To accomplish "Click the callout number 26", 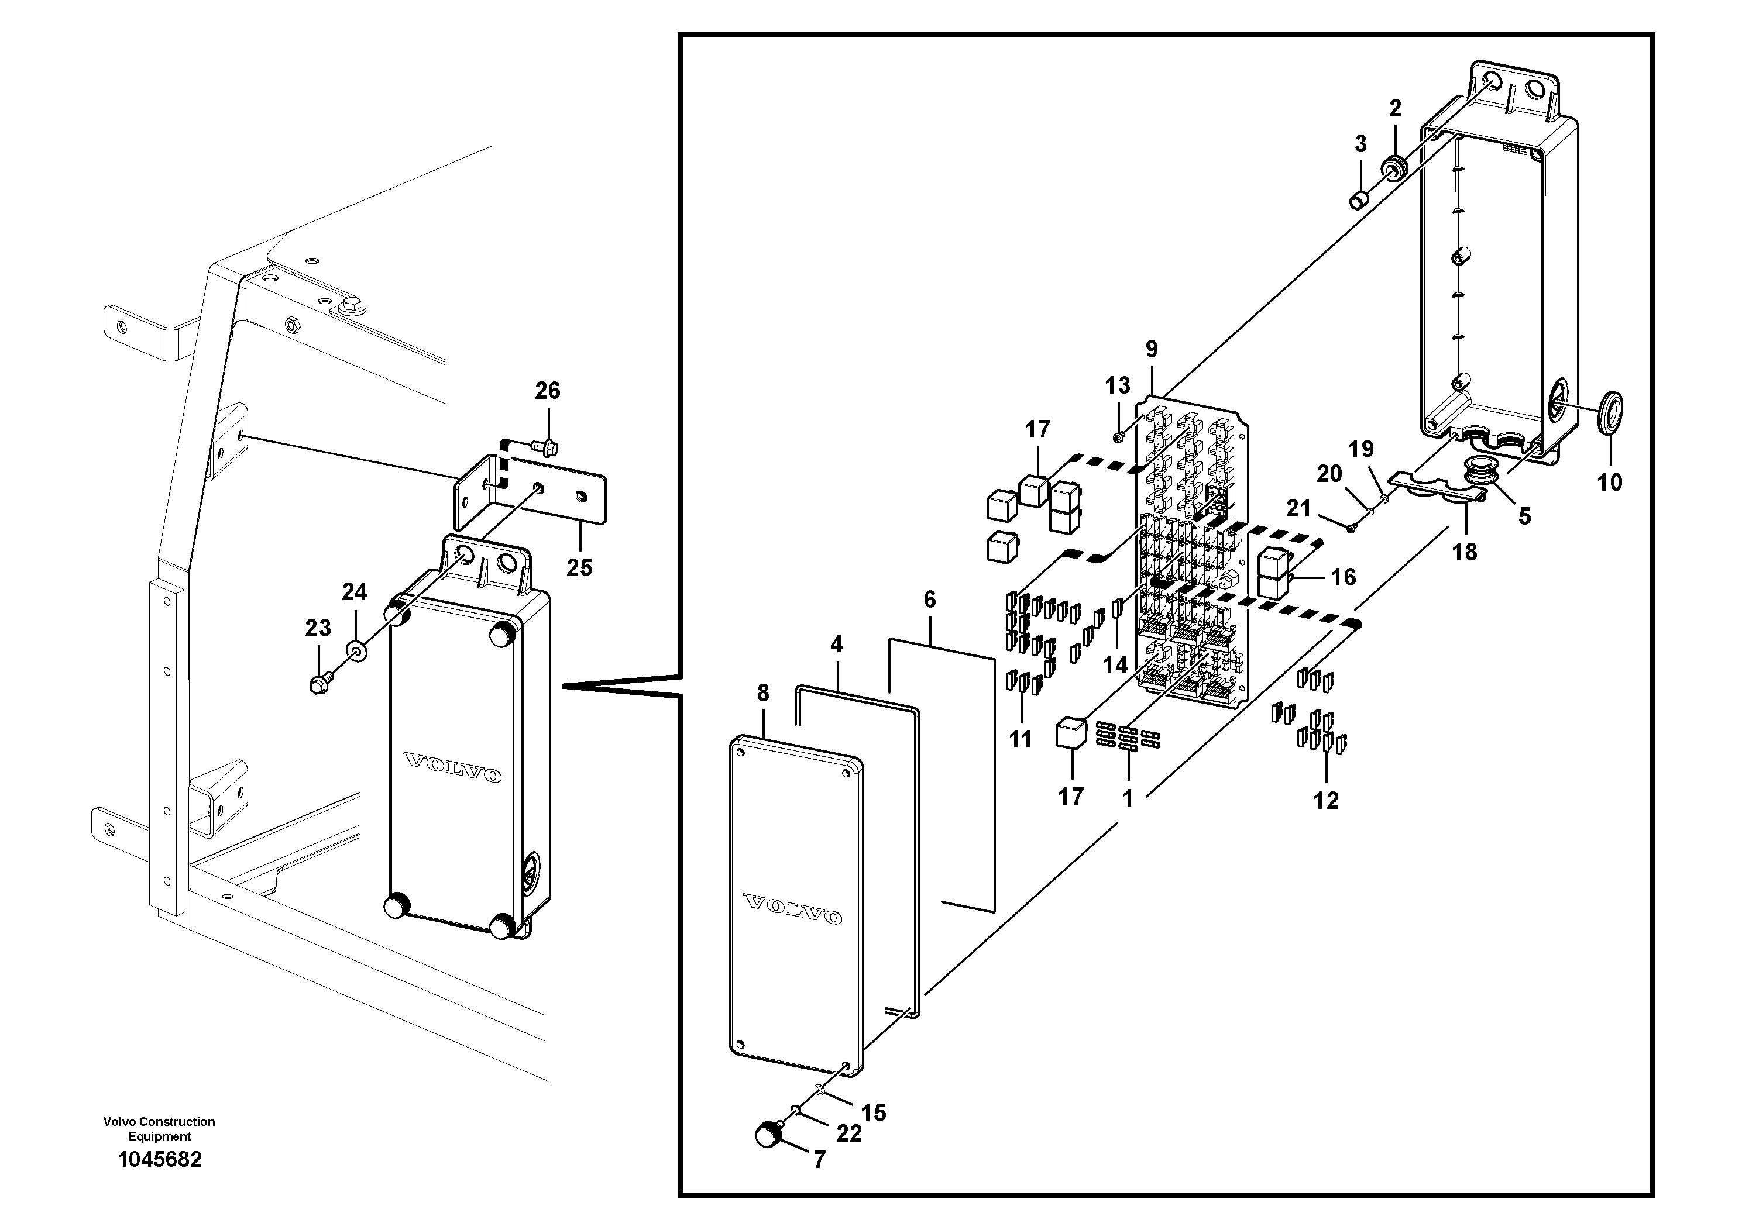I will tap(547, 391).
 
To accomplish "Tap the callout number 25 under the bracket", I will tap(579, 567).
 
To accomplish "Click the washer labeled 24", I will tap(355, 650).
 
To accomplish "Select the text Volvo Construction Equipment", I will tap(159, 1128).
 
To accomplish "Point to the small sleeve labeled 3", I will tap(1358, 200).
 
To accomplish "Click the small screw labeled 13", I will tap(1118, 437).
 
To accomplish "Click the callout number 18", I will tap(1464, 552).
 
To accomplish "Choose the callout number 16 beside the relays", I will tap(1343, 577).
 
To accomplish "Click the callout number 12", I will tap(1326, 800).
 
